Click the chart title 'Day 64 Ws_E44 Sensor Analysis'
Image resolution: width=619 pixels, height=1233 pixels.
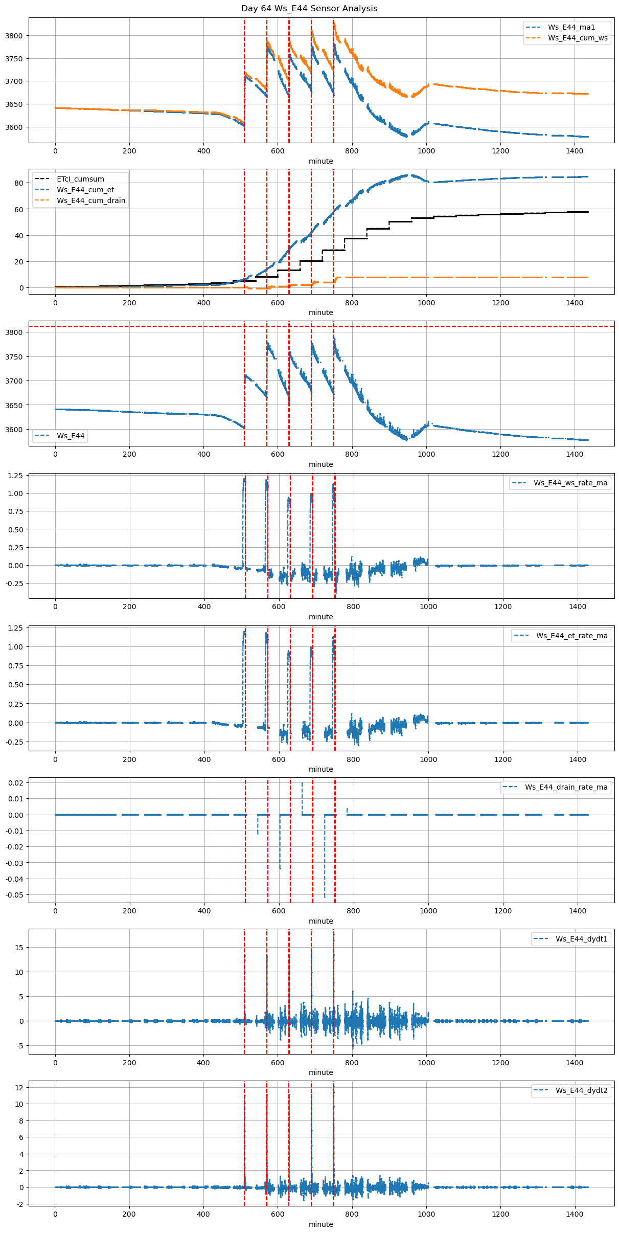pyautogui.click(x=309, y=8)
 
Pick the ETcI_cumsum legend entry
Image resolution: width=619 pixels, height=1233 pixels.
pyautogui.click(x=80, y=179)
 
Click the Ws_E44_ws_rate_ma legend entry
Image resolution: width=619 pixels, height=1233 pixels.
pyautogui.click(x=570, y=483)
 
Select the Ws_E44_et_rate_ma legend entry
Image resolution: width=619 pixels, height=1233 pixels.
pyautogui.click(x=571, y=636)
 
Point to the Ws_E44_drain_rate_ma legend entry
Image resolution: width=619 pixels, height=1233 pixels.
pyautogui.click(x=566, y=787)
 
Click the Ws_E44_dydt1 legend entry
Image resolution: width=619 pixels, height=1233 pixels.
pyautogui.click(x=581, y=939)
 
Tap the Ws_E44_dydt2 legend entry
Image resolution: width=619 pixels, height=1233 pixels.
pyautogui.click(x=581, y=1090)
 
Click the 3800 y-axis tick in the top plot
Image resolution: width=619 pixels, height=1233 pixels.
pyautogui.click(x=14, y=36)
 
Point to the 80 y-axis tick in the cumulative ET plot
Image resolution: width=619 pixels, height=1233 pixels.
pyautogui.click(x=19, y=183)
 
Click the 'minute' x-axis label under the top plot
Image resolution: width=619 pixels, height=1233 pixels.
pyautogui.click(x=320, y=161)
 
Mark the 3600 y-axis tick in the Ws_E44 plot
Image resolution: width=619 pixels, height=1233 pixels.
pyautogui.click(x=14, y=430)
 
